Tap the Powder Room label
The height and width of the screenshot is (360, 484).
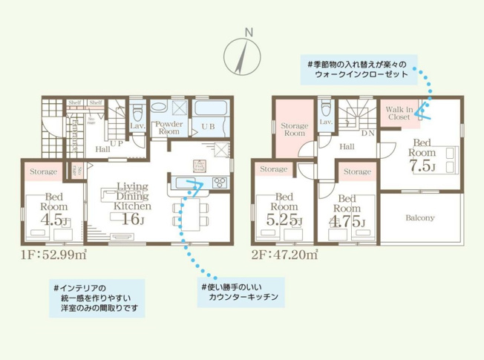pyautogui.click(x=169, y=128)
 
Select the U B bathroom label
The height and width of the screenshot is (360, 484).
pyautogui.click(x=210, y=128)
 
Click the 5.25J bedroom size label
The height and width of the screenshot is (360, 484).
pyautogui.click(x=285, y=220)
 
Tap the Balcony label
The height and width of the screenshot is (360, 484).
pyautogui.click(x=420, y=218)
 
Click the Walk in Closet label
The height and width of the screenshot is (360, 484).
pyautogui.click(x=399, y=113)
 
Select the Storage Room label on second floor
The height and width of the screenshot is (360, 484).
pyautogui.click(x=294, y=131)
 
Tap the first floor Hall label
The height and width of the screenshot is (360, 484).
pyautogui.click(x=104, y=148)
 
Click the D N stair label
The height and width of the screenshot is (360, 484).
pyautogui.click(x=367, y=134)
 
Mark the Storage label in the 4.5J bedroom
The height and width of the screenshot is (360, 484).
pyautogui.click(x=43, y=172)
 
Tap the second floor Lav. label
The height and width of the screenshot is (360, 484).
pyautogui.click(x=325, y=121)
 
